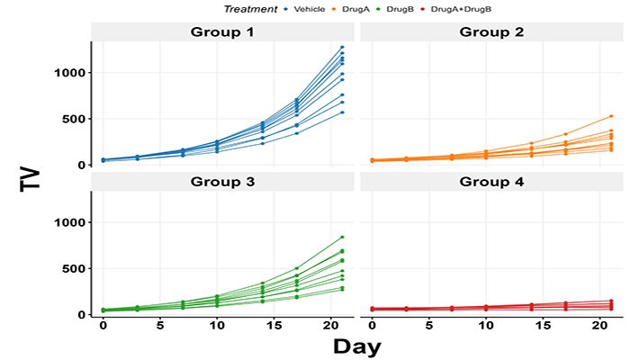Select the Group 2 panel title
pyautogui.click(x=490, y=32)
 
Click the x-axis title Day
pyautogui.click(x=356, y=346)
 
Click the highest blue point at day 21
pyautogui.click(x=343, y=47)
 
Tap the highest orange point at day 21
pyautogui.click(x=611, y=116)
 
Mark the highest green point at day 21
pyautogui.click(x=343, y=237)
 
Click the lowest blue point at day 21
pyautogui.click(x=343, y=112)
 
